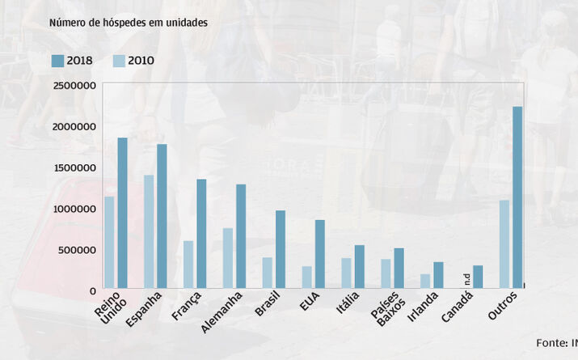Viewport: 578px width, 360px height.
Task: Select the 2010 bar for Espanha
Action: pyautogui.click(x=149, y=231)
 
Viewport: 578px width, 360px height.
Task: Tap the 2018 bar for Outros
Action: pyautogui.click(x=517, y=197)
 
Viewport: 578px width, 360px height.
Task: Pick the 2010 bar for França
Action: pyautogui.click(x=188, y=265)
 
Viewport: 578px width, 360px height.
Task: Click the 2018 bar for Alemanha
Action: pyautogui.click(x=241, y=236)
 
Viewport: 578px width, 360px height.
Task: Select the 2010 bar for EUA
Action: pyautogui.click(x=306, y=277)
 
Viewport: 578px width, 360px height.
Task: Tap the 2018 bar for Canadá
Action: pyautogui.click(x=478, y=277)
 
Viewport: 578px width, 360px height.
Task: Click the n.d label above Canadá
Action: pyautogui.click(x=466, y=280)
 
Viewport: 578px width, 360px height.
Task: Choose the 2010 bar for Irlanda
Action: pyautogui.click(x=425, y=281)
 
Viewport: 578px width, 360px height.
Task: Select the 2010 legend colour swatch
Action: pyautogui.click(x=119, y=60)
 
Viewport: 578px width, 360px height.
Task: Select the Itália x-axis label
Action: pyautogui.click(x=348, y=304)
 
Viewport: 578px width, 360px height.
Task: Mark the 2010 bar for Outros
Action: pyautogui.click(x=504, y=244)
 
